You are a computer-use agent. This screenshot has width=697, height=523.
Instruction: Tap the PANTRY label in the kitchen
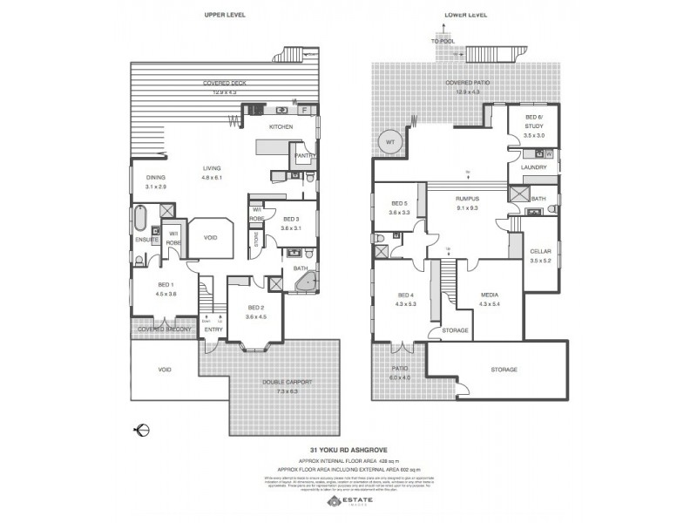304,156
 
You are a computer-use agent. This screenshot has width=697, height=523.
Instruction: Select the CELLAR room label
540,251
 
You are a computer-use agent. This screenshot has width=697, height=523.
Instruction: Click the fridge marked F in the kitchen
303,111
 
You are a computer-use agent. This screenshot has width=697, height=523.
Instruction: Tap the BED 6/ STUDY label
534,120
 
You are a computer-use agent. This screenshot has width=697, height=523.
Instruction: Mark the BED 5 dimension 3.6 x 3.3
400,214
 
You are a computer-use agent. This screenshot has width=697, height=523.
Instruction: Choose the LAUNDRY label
533,166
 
